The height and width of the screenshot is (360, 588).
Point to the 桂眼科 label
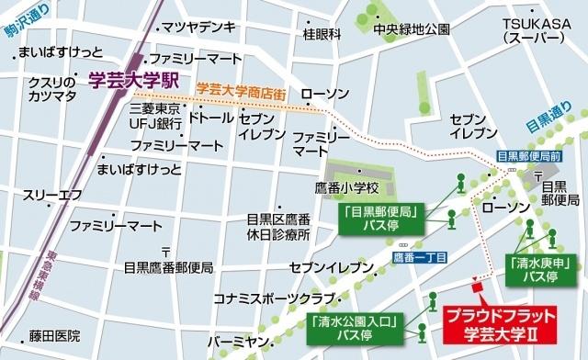pyautogui.click(x=322, y=34)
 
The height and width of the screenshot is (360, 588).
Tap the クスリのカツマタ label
pyautogui.click(x=53, y=90)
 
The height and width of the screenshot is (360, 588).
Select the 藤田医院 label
pyautogui.click(x=54, y=336)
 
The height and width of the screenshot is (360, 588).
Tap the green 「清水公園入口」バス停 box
pyautogui.click(x=354, y=328)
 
